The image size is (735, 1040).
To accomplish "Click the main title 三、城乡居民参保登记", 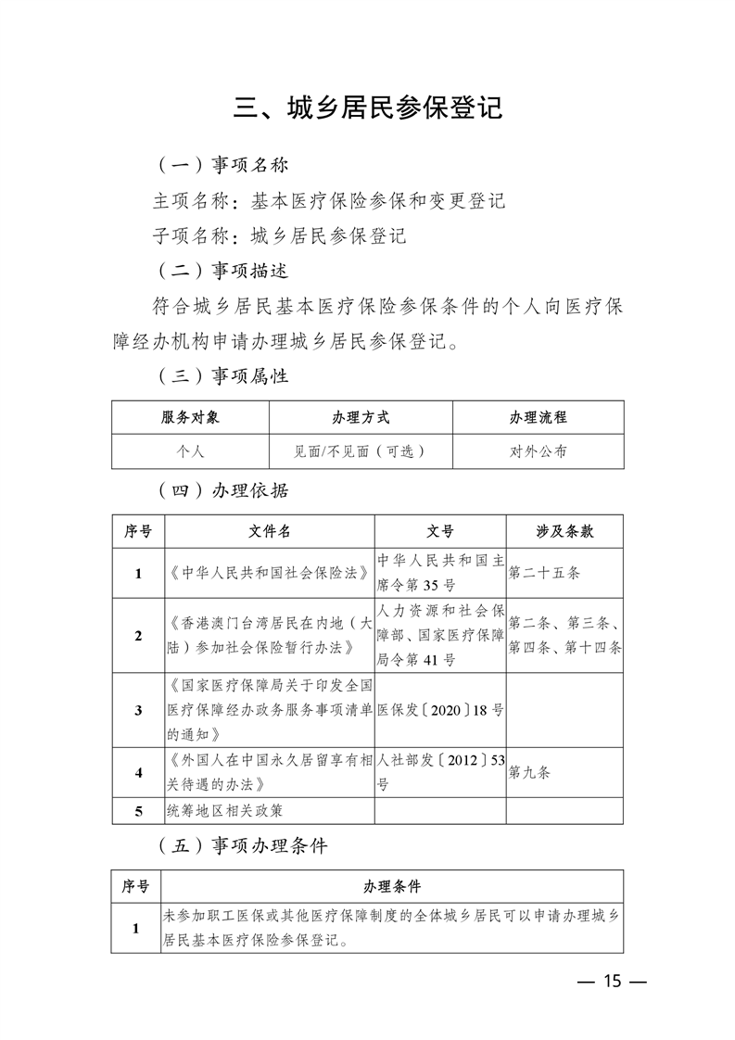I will coord(368,108).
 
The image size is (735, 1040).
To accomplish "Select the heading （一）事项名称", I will coord(222,165).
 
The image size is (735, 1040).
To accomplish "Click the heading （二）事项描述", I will coord(222,271).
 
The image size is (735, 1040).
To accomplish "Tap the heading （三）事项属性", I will coord(222,376).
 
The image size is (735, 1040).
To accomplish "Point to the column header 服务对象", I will coord(190,417).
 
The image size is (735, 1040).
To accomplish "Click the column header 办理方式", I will coord(361,417).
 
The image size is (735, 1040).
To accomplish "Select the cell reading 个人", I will coord(190,451).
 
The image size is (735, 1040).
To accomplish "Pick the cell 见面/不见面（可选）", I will coord(361,451).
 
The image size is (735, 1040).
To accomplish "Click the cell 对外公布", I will coord(538,451).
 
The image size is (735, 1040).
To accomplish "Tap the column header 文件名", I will coord(269,531).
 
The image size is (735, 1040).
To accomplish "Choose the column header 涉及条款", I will coord(564,531).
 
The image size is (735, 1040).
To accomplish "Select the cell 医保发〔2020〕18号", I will coord(440,710).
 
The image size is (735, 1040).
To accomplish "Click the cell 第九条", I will coord(529,771).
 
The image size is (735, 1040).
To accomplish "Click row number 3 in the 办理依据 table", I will coord(138,710).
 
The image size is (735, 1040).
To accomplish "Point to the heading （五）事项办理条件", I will coord(242,845).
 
